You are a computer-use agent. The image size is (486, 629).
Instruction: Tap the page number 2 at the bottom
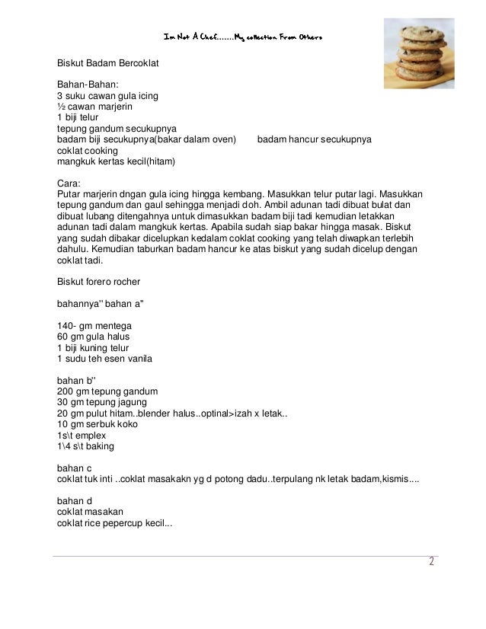click(x=430, y=564)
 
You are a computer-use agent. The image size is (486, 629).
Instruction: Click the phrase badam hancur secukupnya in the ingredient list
click(x=314, y=140)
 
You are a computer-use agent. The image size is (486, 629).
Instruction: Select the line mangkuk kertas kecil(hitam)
click(x=117, y=162)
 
